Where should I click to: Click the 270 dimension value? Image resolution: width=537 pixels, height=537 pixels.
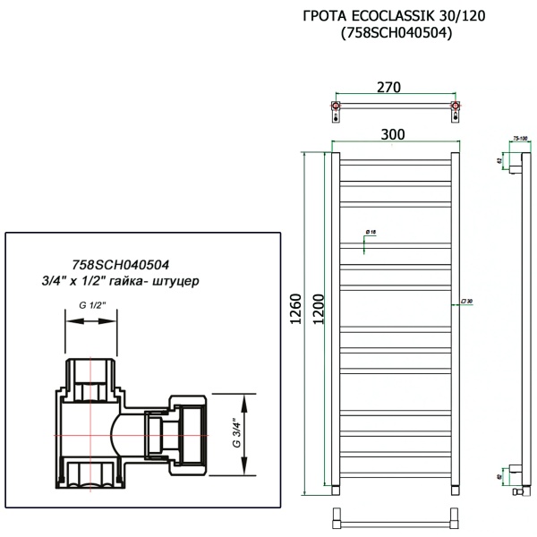(x=388, y=87)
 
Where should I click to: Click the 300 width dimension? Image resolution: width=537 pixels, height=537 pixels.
(x=392, y=133)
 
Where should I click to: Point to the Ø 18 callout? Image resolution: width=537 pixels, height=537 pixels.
(x=370, y=233)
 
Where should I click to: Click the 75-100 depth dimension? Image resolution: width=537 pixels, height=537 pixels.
(x=519, y=138)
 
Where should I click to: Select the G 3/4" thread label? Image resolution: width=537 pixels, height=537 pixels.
(x=237, y=433)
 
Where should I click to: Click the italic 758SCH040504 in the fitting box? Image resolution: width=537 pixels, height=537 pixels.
(x=120, y=264)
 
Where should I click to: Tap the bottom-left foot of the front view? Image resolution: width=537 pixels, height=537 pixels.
(x=335, y=490)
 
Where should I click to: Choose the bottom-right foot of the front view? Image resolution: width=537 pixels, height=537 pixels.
(x=456, y=490)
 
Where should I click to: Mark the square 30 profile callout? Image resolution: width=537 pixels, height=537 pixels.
(x=465, y=302)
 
